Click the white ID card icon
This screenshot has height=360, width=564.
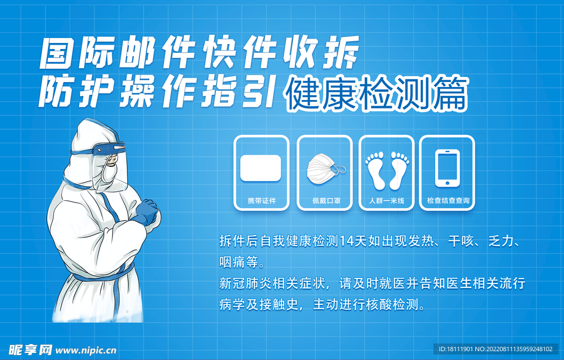(261, 168)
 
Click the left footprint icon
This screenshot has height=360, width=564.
(376, 171)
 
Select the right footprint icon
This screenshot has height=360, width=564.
(399, 171)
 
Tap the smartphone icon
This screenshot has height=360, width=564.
(447, 168)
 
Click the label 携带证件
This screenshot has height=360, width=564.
(262, 201)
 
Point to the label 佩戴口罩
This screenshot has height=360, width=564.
(326, 201)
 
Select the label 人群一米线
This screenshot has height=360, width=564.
(387, 201)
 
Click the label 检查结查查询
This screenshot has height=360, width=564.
(448, 201)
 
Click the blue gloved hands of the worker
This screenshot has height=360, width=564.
(146, 212)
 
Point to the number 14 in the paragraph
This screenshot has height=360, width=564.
(346, 241)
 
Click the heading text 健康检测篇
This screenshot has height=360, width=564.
(376, 93)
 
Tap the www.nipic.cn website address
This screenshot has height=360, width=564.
(86, 350)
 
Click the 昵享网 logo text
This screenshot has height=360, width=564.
(30, 350)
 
